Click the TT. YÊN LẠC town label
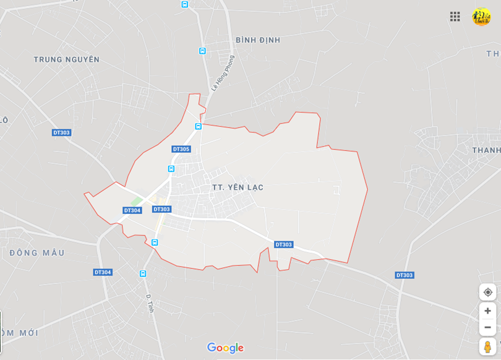point(238,187)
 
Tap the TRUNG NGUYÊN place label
point(66,59)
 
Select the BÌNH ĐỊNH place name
point(258,40)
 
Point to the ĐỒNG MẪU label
point(37,253)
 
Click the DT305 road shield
point(181,149)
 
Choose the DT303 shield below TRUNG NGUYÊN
point(62,132)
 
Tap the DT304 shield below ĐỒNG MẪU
point(103,272)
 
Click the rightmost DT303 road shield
point(405,275)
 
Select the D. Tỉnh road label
point(150,303)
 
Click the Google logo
point(225,348)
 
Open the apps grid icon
point(455,17)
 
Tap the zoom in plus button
point(487,311)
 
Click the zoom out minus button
point(487,327)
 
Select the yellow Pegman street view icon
point(487,346)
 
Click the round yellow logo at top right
point(481,17)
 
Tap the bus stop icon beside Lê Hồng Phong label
point(202,51)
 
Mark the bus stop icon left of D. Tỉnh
point(143,273)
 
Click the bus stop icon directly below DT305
point(171,168)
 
